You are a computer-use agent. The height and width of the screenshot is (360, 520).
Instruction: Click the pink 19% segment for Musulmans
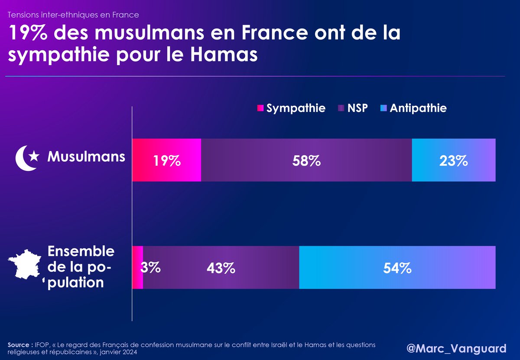click(x=167, y=160)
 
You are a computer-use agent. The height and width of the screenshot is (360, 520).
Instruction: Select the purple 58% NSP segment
click(x=306, y=160)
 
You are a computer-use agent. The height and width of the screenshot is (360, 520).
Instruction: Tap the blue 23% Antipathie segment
click(x=454, y=160)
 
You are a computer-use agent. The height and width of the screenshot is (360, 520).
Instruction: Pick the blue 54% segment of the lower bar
click(x=397, y=267)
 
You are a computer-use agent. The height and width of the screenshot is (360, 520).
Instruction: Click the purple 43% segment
click(x=221, y=267)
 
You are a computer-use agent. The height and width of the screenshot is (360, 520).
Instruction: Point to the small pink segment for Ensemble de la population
click(x=138, y=267)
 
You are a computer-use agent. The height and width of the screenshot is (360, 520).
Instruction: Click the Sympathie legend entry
click(x=291, y=108)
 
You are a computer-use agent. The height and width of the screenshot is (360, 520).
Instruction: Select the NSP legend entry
click(x=353, y=108)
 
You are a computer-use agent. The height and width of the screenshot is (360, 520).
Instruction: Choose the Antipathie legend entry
click(x=413, y=108)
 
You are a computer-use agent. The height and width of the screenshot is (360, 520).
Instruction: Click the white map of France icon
click(x=25, y=264)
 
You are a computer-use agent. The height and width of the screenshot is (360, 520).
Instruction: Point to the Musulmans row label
click(x=86, y=157)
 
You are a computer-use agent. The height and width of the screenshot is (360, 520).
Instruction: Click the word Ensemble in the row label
click(x=81, y=251)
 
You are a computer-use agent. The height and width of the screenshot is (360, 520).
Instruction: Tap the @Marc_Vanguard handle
click(x=456, y=348)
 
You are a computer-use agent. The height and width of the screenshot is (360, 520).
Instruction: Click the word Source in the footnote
click(x=19, y=345)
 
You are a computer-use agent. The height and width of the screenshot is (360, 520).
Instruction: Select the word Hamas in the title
click(x=224, y=55)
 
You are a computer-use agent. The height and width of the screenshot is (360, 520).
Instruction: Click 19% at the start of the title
click(x=28, y=33)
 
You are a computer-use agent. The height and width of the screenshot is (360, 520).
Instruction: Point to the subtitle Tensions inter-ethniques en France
click(x=73, y=15)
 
